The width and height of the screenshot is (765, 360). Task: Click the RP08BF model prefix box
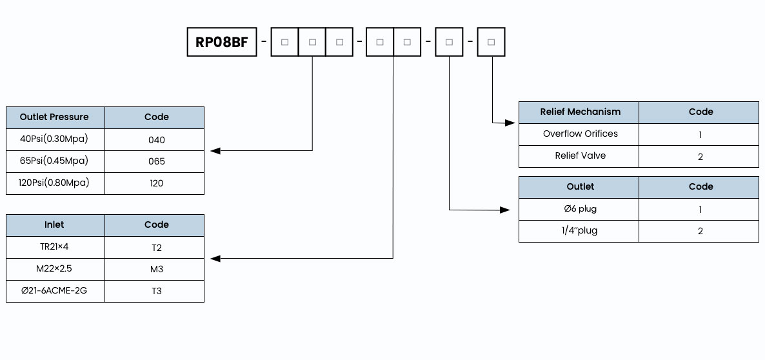point(222,42)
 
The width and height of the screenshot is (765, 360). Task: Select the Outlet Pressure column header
point(55,117)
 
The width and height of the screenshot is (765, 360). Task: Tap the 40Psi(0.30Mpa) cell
point(55,139)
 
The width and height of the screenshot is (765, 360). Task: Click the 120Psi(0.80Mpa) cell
point(55,183)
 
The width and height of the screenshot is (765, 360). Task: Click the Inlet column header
point(55,225)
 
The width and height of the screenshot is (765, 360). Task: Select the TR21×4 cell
point(55,247)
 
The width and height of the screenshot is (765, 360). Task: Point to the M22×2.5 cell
point(55,269)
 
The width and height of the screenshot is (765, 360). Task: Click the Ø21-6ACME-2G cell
point(55,291)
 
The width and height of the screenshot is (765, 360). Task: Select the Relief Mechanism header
point(579,112)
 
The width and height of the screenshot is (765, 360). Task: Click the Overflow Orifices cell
point(579,134)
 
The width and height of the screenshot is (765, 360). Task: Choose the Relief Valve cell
point(579,156)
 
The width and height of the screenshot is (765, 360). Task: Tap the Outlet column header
point(579,187)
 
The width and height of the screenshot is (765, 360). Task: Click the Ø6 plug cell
point(579,209)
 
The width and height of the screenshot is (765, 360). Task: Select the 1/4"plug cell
point(579,231)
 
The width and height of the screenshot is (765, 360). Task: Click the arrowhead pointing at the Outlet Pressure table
point(215,151)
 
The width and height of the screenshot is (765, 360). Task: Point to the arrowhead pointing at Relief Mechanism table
point(510,123)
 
